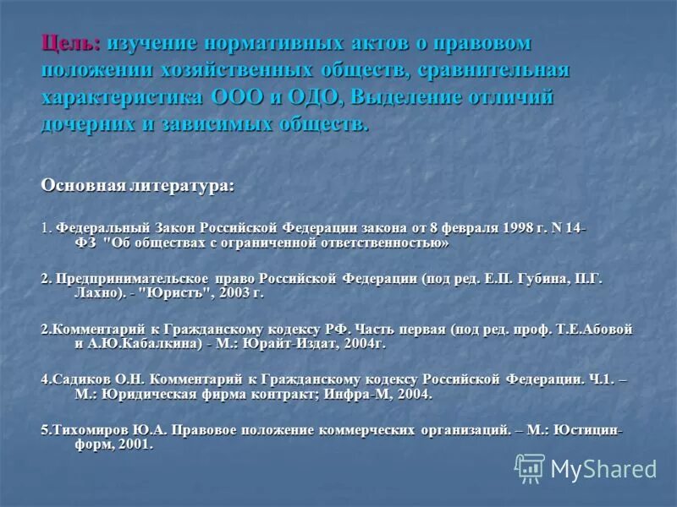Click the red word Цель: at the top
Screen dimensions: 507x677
(x=71, y=43)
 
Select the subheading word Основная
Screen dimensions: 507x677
(x=83, y=185)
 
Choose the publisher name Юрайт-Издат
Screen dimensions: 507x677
(x=305, y=344)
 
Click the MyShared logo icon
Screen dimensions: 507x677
(x=530, y=468)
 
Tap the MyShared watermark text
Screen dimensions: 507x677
(x=603, y=469)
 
